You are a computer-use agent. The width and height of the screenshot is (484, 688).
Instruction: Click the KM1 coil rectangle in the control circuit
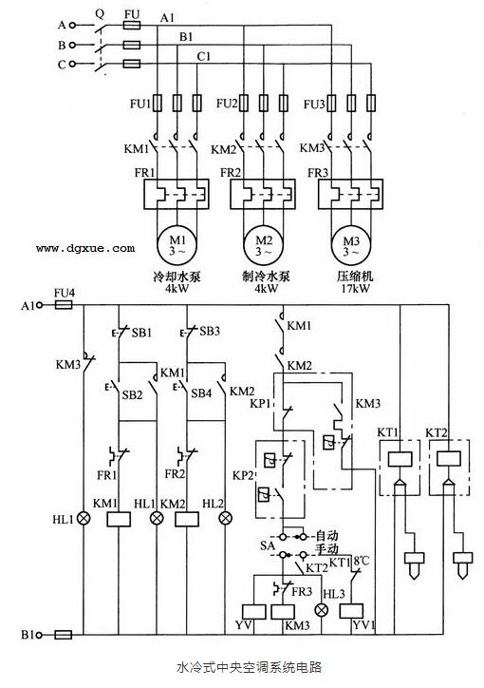[x=119, y=519]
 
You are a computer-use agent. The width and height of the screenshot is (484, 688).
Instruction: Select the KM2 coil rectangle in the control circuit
[x=187, y=519]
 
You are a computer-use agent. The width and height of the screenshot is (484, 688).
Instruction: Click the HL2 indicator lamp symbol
[x=225, y=519]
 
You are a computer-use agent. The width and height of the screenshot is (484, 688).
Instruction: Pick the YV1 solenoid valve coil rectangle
[x=352, y=611]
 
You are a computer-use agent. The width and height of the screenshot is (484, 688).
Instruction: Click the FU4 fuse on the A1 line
[x=63, y=305]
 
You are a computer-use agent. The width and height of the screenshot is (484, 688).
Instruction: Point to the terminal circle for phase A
[x=73, y=26]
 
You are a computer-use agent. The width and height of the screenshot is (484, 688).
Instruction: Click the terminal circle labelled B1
[x=40, y=635]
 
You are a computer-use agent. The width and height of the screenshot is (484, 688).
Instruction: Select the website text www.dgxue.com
[x=85, y=248]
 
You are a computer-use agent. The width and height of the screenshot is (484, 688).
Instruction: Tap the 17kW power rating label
[x=356, y=288]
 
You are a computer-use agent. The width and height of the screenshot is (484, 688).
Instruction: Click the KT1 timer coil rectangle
[x=400, y=459]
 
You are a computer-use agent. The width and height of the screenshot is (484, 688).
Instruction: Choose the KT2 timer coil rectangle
[x=449, y=459]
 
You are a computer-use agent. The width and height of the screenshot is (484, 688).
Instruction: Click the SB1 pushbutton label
[x=141, y=333]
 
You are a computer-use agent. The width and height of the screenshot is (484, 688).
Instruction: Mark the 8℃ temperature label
[x=362, y=561]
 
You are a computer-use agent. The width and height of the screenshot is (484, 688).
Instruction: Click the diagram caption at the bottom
[x=250, y=667]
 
